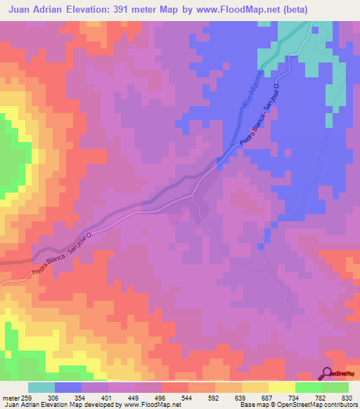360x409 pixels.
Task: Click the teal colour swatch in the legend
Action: [x=41, y=387]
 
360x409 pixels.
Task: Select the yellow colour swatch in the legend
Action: [x=282, y=387]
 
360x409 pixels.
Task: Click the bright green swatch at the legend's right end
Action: [x=335, y=387]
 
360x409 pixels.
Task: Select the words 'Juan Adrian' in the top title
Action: [x=35, y=9]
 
